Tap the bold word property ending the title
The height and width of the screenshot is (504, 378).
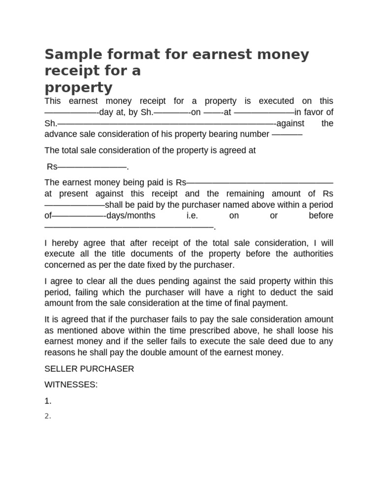[78, 88]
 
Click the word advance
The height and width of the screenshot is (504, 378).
[60, 134]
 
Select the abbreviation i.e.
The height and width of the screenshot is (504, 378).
[191, 216]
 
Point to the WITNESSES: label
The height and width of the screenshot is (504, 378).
[71, 385]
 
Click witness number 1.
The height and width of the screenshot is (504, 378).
[48, 401]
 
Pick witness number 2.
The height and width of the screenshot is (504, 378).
[48, 416]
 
